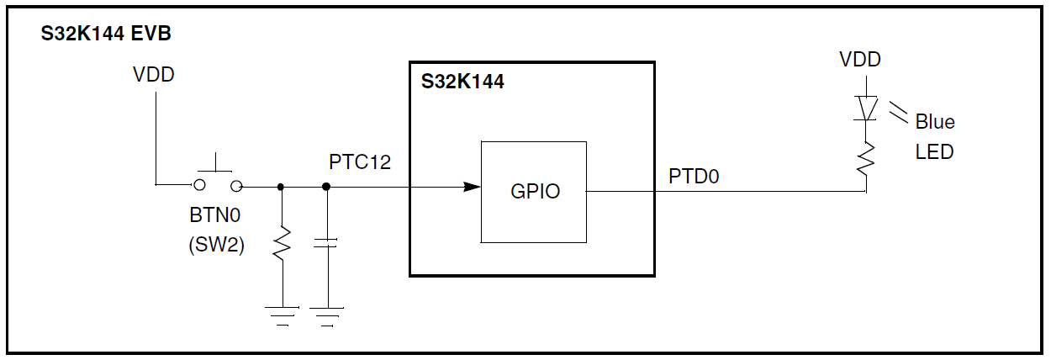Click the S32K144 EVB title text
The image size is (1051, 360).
[x=107, y=35]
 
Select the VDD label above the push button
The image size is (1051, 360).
[x=154, y=75]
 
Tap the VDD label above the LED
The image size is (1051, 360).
[x=860, y=60]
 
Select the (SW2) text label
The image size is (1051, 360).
[x=215, y=246]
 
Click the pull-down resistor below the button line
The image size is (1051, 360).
[x=282, y=244]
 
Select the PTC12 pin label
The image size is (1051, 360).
[x=360, y=161]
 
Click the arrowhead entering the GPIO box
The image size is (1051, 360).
[x=471, y=187]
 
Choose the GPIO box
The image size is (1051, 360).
[x=534, y=192]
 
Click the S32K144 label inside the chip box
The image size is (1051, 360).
[x=462, y=82]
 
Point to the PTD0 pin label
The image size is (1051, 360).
[x=695, y=177]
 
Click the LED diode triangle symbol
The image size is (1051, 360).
[x=866, y=108]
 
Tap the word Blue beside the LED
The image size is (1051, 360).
[x=935, y=122]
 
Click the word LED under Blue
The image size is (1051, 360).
[x=933, y=152]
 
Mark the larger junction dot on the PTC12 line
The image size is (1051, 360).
[x=325, y=187]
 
